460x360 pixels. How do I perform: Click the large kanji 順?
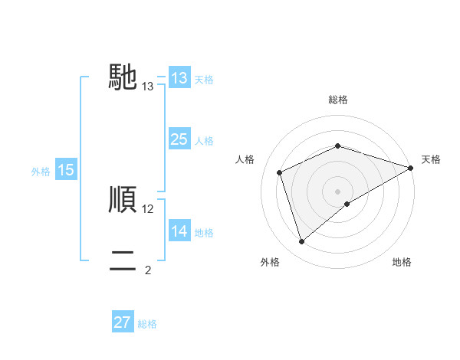pyautogui.click(x=123, y=200)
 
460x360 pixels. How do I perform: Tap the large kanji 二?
pyautogui.click(x=123, y=261)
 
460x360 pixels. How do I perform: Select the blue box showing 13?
pyautogui.click(x=179, y=78)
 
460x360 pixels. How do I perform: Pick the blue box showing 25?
pyautogui.click(x=179, y=139)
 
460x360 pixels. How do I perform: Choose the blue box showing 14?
pyautogui.click(x=179, y=231)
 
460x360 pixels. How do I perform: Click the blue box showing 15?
pyautogui.click(x=66, y=170)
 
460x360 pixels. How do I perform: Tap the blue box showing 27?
pyautogui.click(x=123, y=322)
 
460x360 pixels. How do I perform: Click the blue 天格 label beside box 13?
pyautogui.click(x=204, y=80)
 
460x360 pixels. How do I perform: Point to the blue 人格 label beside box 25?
pyautogui.click(x=204, y=141)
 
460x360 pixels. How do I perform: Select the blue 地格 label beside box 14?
pyautogui.click(x=204, y=232)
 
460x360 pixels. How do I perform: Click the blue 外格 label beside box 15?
pyautogui.click(x=41, y=172)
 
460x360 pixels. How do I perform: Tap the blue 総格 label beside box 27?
pyautogui.click(x=147, y=324)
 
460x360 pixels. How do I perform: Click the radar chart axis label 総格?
pyautogui.click(x=338, y=100)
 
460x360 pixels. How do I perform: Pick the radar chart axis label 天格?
pyautogui.click(x=431, y=159)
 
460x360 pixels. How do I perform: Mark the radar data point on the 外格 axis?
pyautogui.click(x=301, y=242)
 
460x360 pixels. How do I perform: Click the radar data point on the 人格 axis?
pyautogui.click(x=280, y=172)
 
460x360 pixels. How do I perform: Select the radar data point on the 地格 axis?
pyautogui.click(x=347, y=204)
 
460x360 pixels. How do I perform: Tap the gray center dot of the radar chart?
pyautogui.click(x=338, y=191)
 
